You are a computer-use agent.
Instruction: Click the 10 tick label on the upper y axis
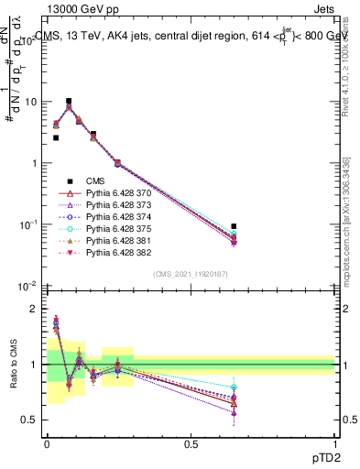(29, 102)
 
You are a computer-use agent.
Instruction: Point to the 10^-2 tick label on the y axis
(27, 286)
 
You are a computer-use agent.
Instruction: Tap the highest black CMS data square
(69, 102)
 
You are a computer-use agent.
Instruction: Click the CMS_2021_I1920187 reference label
(190, 274)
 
